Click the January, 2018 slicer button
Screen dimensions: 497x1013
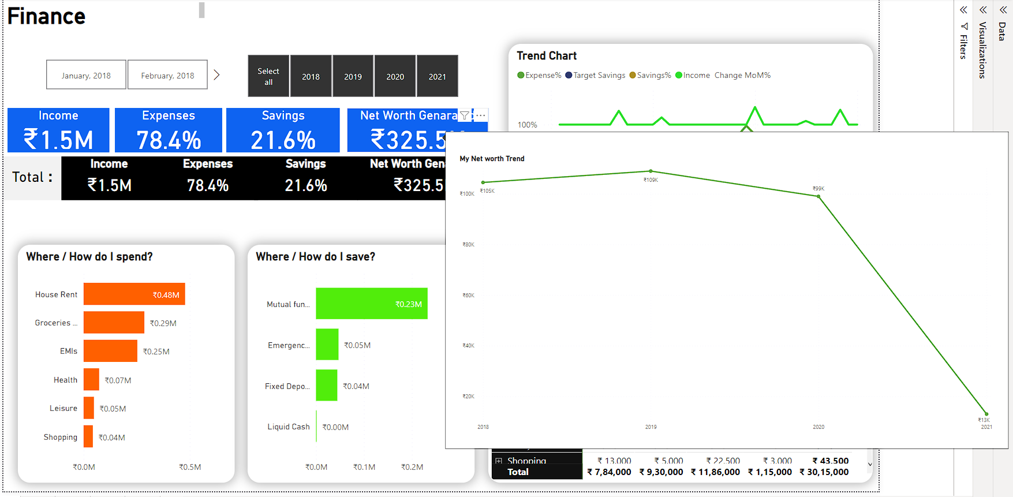[x=86, y=75]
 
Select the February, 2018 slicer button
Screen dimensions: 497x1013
[x=167, y=75]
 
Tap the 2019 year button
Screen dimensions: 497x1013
[x=353, y=76]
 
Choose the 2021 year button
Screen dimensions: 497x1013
[x=437, y=76]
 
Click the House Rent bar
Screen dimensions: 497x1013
[x=134, y=294]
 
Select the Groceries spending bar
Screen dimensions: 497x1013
[x=114, y=323]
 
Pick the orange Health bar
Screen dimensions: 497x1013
[x=91, y=380]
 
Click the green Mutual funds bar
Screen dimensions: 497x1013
[x=371, y=304]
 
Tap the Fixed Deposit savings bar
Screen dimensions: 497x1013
[x=326, y=386]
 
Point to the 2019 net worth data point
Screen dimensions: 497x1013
[x=651, y=171]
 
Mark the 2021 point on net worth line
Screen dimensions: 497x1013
[x=986, y=414]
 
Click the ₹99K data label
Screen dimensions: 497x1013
[x=818, y=189]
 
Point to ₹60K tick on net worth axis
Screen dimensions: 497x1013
[x=468, y=296]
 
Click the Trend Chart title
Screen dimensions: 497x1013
[x=546, y=56]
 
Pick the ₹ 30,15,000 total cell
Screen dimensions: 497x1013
[x=824, y=472]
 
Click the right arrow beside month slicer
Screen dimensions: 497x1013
[x=216, y=75]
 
